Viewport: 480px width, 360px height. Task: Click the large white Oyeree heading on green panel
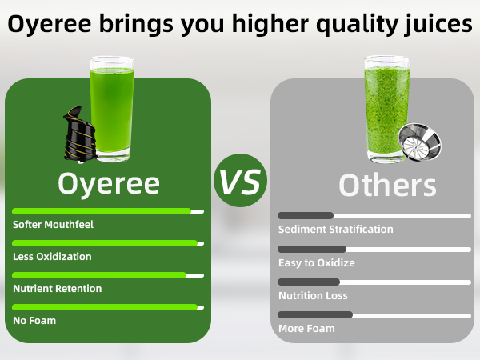[109, 183]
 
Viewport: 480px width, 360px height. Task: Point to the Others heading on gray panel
[387, 185]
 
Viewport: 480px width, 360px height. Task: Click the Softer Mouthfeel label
[53, 225]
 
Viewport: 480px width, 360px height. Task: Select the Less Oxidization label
[52, 257]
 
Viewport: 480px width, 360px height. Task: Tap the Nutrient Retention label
[57, 288]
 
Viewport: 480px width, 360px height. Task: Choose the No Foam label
[34, 320]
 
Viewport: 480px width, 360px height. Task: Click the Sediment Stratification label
[335, 230]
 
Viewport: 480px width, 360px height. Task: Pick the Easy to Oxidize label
[316, 262]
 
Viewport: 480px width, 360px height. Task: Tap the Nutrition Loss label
[313, 295]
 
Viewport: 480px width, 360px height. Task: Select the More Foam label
[306, 328]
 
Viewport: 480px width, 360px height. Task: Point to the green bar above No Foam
[104, 306]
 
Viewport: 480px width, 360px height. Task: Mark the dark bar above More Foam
[315, 314]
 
